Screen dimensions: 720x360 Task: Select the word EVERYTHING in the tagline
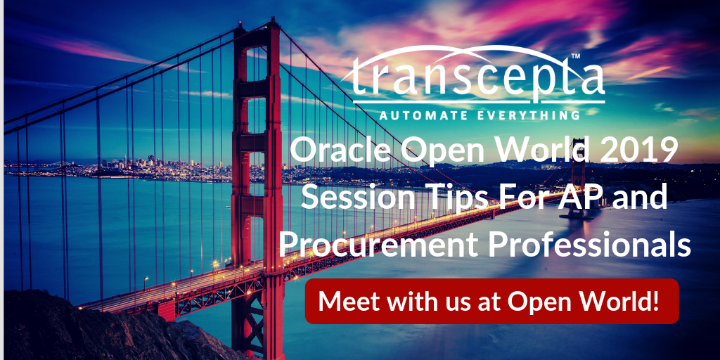pyautogui.click(x=529, y=114)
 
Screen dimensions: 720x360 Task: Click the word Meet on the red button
pyautogui.click(x=345, y=301)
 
